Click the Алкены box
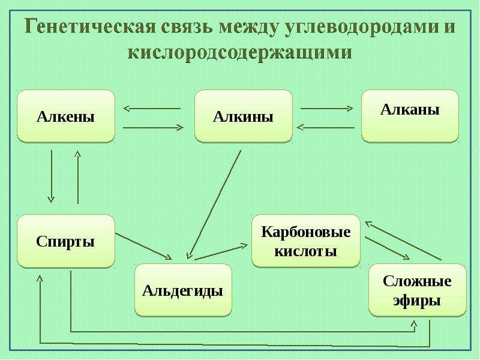point(66,116)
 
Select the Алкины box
point(244,116)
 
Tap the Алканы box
point(410,116)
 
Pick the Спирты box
point(66,241)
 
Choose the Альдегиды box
point(183,290)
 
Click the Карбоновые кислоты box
point(306,241)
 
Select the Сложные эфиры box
point(417,290)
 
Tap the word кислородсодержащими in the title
point(239,53)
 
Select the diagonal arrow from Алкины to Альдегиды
point(214,205)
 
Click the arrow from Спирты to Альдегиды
point(143,247)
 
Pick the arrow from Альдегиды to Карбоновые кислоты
point(221,252)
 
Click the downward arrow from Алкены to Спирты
point(51,176)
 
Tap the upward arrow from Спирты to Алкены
point(78,177)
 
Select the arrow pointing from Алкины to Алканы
point(327,109)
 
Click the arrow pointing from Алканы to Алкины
point(326,127)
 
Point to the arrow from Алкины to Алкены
point(152,109)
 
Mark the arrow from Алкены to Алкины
point(153,128)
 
